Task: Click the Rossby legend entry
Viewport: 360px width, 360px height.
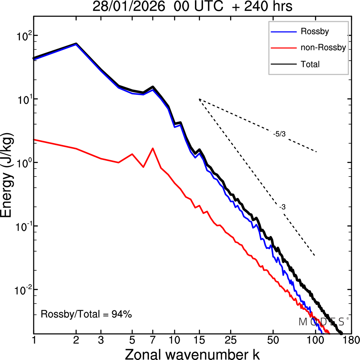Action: tap(314, 31)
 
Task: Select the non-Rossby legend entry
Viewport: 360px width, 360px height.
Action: tap(323, 47)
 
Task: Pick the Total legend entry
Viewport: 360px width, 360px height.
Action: tap(310, 64)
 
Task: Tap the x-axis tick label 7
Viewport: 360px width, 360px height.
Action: tap(153, 340)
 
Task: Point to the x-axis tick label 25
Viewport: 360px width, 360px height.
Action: tap(230, 340)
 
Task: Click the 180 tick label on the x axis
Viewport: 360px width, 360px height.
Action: tap(352, 340)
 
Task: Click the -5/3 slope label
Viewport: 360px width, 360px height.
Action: tap(279, 134)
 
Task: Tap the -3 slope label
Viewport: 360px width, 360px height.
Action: tap(282, 207)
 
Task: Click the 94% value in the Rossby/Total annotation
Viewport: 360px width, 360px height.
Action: tap(122, 314)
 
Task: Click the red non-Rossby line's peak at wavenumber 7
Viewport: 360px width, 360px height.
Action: tap(153, 148)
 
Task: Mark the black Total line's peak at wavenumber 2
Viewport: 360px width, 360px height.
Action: tap(76, 44)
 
